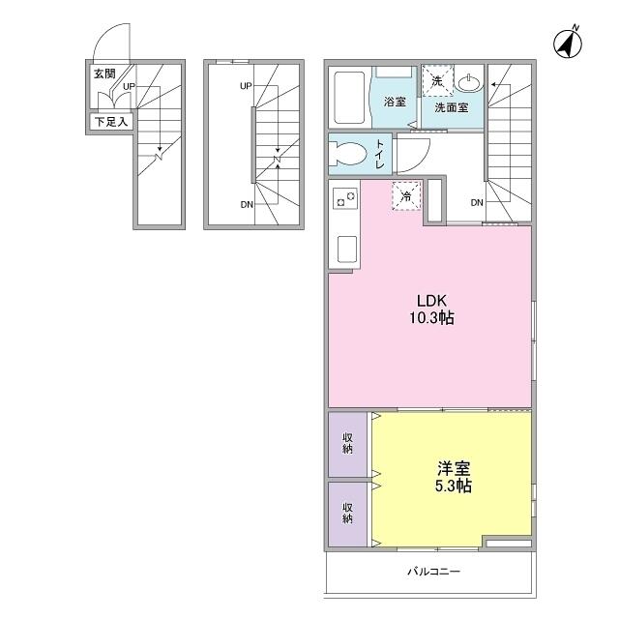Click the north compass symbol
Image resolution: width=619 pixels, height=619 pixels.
pyautogui.click(x=568, y=43)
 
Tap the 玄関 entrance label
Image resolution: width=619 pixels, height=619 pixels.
pyautogui.click(x=104, y=74)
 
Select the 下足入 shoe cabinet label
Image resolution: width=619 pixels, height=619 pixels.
pyautogui.click(x=111, y=122)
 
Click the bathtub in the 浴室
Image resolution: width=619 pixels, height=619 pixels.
pyautogui.click(x=349, y=98)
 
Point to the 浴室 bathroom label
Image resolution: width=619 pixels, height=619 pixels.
pyautogui.click(x=395, y=102)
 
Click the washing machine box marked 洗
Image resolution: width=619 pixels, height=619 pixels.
pyautogui.click(x=437, y=81)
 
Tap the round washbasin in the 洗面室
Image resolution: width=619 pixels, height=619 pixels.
pyautogui.click(x=469, y=82)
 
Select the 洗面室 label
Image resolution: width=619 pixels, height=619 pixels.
pyautogui.click(x=452, y=107)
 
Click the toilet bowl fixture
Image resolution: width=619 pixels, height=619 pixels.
pyautogui.click(x=349, y=153)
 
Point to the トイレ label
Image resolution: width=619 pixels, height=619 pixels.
pyautogui.click(x=379, y=154)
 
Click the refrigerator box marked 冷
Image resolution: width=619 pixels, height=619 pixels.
pyautogui.click(x=406, y=196)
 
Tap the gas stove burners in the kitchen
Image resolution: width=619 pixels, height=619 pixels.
pyautogui.click(x=345, y=198)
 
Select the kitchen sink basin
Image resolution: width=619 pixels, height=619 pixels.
pyautogui.click(x=347, y=250)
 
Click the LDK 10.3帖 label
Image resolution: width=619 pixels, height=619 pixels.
pyautogui.click(x=431, y=309)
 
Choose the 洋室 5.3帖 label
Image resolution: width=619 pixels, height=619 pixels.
pyautogui.click(x=454, y=477)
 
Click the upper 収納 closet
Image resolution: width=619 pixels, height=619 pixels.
pyautogui.click(x=347, y=444)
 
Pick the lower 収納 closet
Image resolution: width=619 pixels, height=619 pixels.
pyautogui.click(x=347, y=514)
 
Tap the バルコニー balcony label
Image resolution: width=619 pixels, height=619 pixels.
pyautogui.click(x=434, y=572)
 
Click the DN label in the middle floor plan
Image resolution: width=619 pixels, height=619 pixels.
pyautogui.click(x=247, y=204)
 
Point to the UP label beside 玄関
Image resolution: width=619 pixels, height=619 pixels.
pyautogui.click(x=129, y=86)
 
